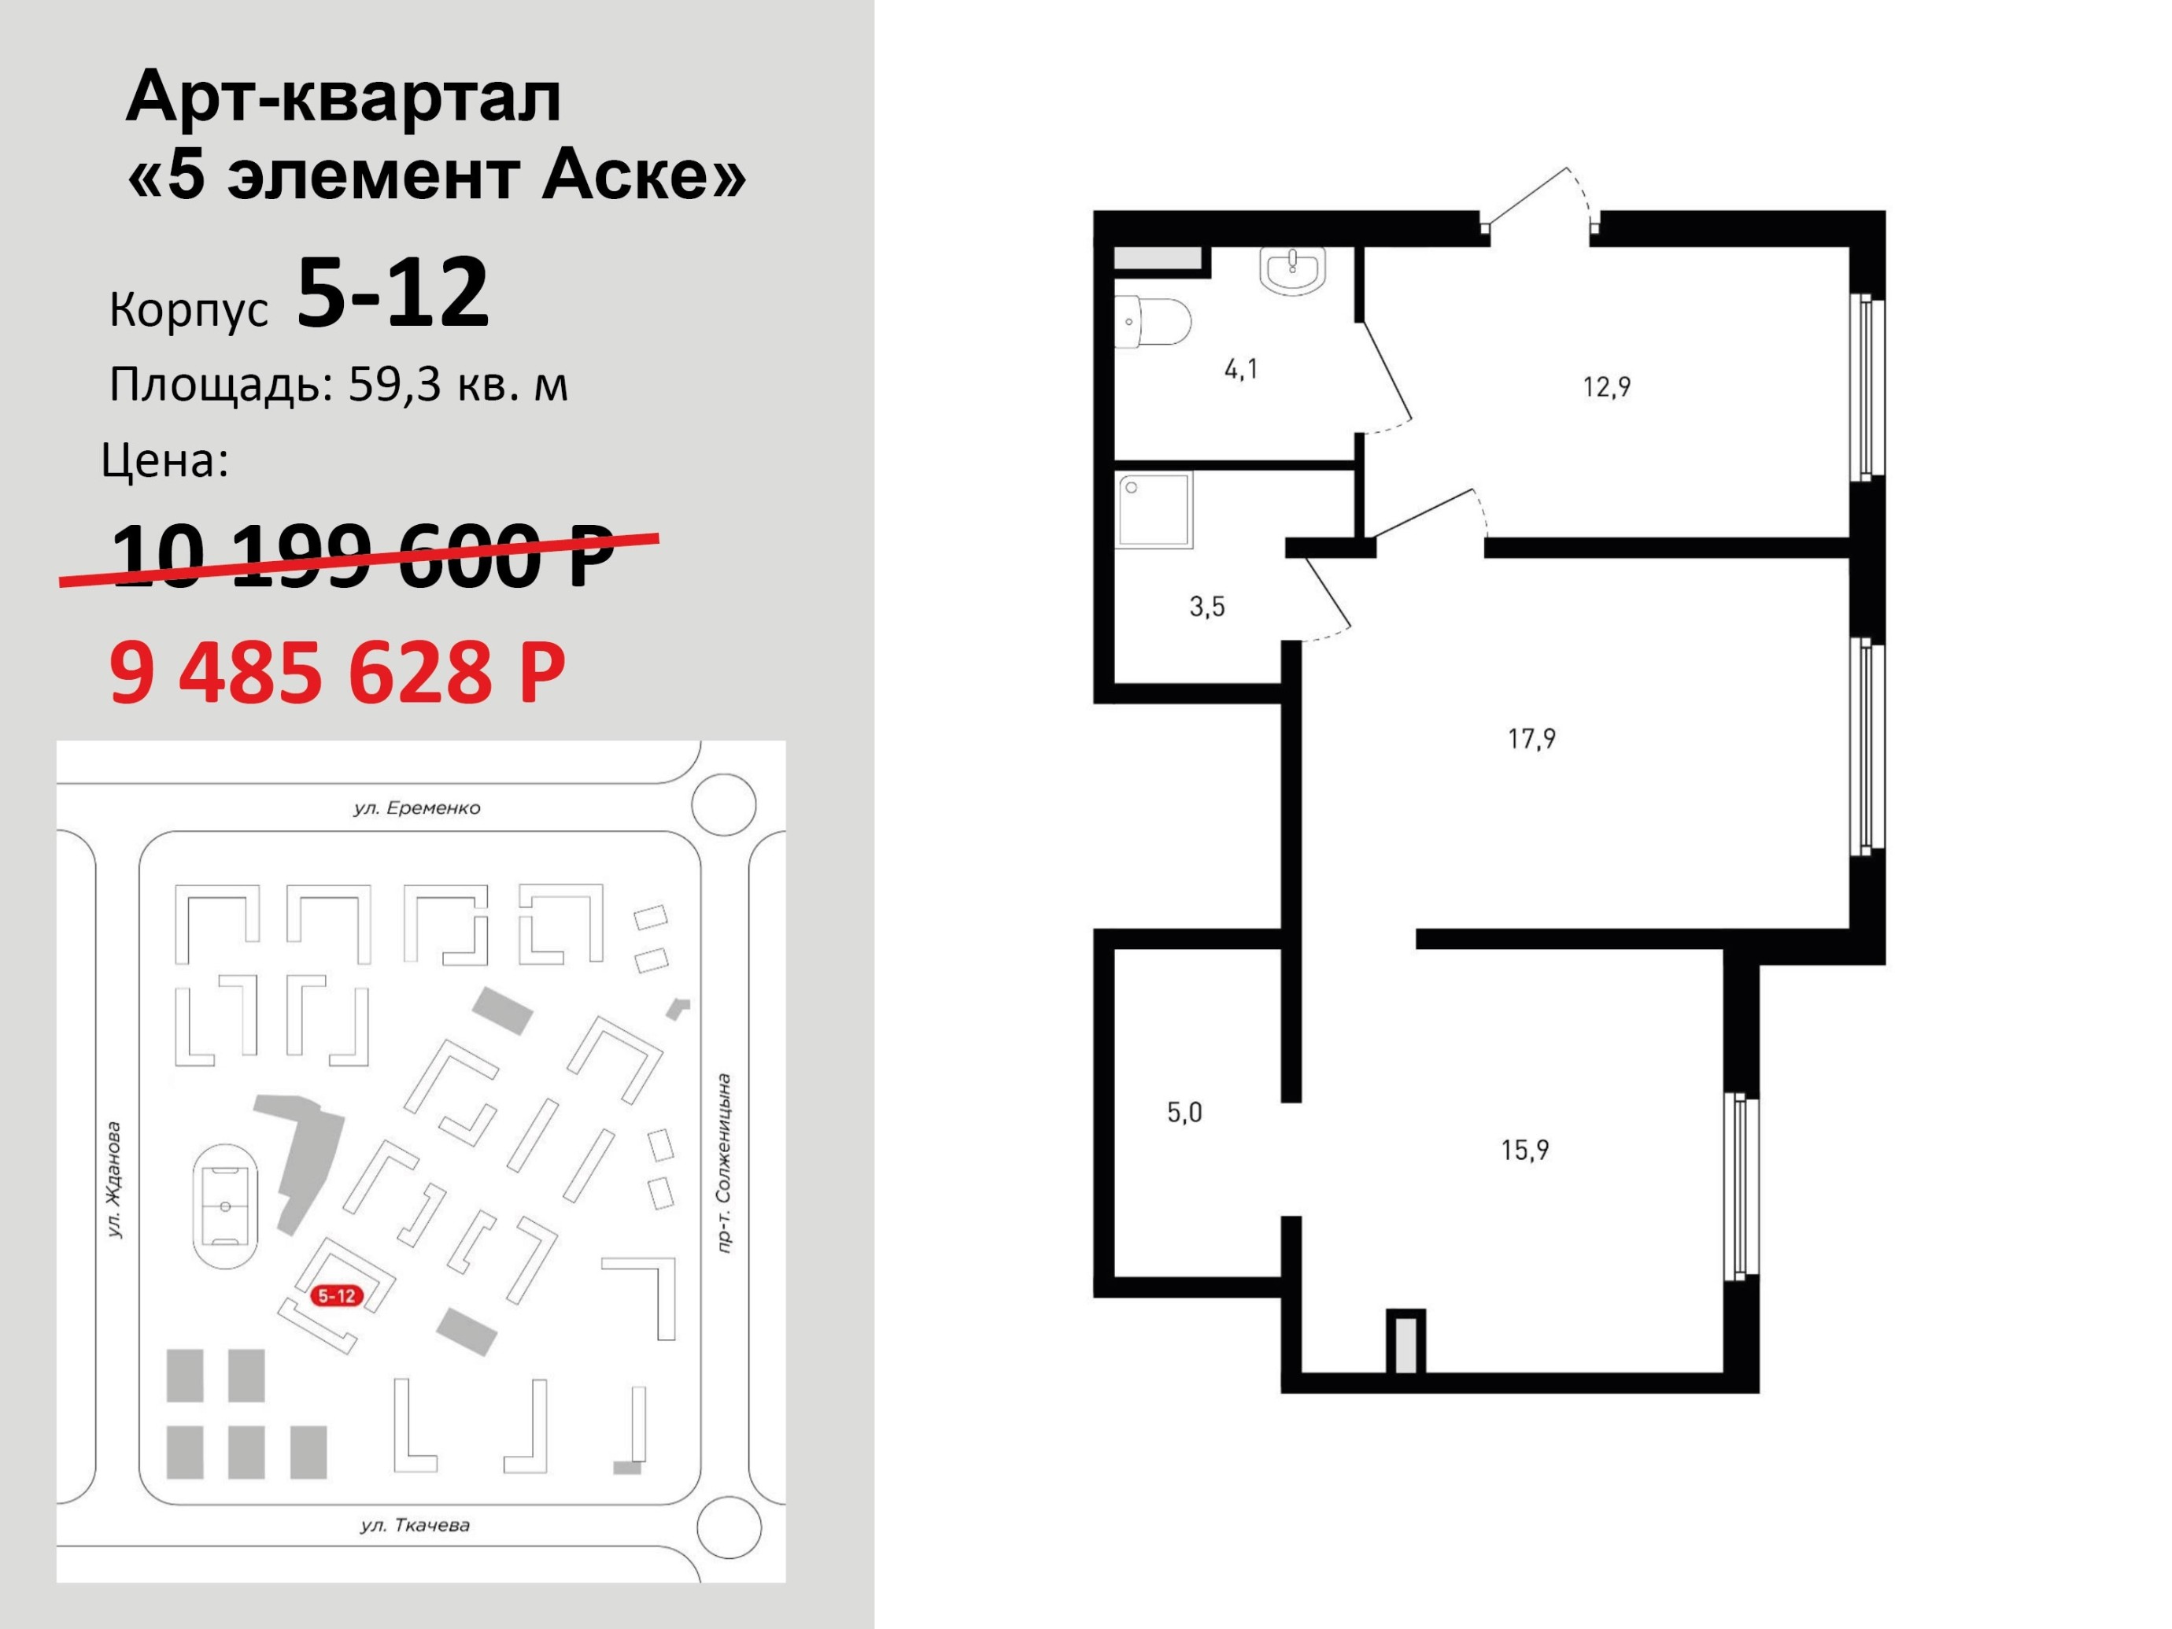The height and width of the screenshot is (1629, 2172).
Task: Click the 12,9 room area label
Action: (1606, 387)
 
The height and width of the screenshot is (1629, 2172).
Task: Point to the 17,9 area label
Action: (1531, 738)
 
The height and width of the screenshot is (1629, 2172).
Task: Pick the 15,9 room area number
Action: (1525, 1149)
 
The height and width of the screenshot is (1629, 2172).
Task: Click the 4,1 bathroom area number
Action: (1241, 369)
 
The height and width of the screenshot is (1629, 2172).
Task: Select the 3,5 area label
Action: (1206, 607)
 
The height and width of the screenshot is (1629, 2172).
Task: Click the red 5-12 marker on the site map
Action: (337, 1295)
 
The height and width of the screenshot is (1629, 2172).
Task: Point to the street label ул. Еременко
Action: (417, 808)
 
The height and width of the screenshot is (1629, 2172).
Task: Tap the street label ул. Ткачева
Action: (416, 1525)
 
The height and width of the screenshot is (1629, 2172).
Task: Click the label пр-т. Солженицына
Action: (724, 1162)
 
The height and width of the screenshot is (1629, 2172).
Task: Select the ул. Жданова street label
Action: (115, 1180)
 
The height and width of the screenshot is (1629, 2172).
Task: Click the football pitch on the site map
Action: (226, 1206)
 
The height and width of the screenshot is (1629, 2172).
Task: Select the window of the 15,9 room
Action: (1741, 1186)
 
